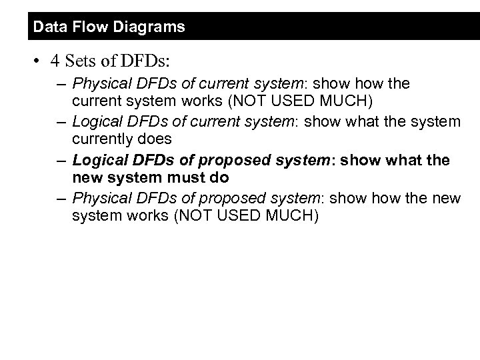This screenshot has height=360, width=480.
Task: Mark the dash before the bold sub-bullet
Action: [x=61, y=160]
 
